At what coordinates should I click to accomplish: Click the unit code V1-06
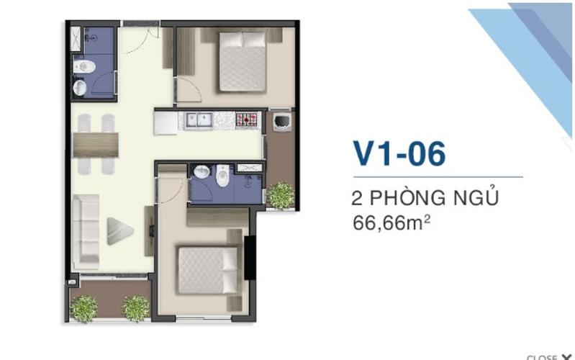(399, 153)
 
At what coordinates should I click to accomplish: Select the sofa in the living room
(86, 230)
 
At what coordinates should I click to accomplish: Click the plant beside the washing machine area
(280, 194)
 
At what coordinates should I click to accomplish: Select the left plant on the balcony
(84, 308)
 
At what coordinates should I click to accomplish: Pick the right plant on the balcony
(135, 308)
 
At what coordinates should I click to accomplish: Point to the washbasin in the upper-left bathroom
(81, 88)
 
